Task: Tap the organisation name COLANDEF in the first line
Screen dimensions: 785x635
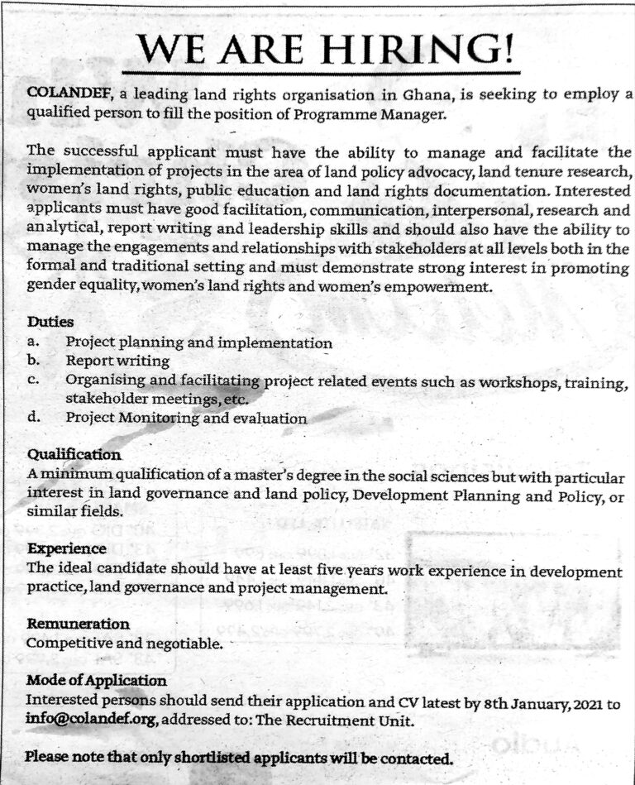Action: coord(60,95)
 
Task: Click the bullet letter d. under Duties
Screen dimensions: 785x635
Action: coord(34,418)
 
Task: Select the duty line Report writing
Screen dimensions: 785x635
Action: coord(117,361)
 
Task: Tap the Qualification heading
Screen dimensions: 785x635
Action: coord(74,455)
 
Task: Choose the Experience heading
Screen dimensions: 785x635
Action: coord(67,548)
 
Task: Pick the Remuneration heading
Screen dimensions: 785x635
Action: coord(78,623)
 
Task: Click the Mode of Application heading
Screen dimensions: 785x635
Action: coord(97,681)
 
